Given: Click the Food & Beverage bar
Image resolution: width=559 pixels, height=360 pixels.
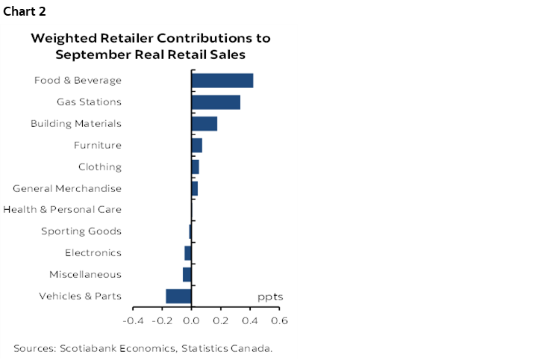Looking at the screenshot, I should (222, 81).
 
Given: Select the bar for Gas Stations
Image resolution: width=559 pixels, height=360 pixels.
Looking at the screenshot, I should (216, 102).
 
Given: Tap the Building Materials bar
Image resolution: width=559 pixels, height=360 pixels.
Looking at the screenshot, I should (204, 124).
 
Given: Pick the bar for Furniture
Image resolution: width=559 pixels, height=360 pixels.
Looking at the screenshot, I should (197, 145).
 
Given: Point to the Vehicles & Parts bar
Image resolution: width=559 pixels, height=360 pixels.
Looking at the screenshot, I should (178, 297).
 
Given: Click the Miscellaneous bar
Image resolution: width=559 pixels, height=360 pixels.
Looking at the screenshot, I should (187, 275).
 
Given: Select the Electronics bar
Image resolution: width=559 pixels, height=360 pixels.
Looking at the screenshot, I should (188, 253).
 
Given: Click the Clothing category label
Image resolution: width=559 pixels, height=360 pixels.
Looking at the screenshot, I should (100, 167).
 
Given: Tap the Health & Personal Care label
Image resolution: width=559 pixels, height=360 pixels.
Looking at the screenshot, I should (63, 210).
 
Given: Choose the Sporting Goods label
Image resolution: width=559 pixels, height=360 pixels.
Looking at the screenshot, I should (81, 232).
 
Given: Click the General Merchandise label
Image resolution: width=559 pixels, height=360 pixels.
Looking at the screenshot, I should (67, 188).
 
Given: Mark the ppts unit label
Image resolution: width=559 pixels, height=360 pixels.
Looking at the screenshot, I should (270, 297).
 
